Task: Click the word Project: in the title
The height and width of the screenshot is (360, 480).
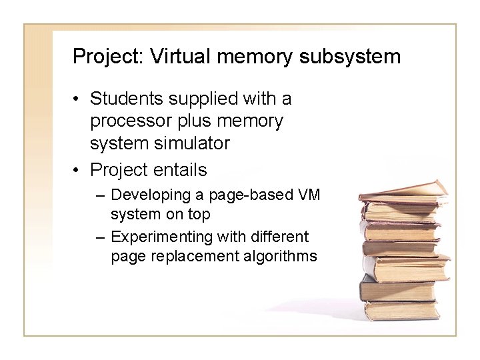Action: [109, 56]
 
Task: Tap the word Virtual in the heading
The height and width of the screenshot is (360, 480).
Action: [174, 56]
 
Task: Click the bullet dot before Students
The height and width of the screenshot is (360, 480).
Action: [77, 100]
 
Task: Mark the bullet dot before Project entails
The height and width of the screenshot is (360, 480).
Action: [77, 171]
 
